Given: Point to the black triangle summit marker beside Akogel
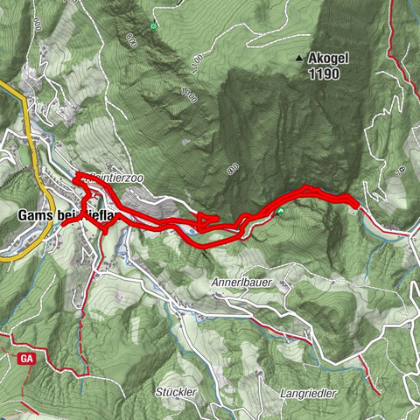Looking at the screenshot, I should coord(299,59).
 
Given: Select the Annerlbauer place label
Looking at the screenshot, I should coord(242,283).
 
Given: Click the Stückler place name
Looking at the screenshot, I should coord(175,390).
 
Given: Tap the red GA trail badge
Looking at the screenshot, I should coord(23,358).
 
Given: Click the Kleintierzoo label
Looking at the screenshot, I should coord(116,178).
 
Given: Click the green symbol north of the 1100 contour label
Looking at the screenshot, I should coord(154,25).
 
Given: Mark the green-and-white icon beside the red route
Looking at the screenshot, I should coord(282,212).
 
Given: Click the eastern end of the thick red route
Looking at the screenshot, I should coord(357,205).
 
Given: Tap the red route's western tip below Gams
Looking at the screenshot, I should coord(64,225).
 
